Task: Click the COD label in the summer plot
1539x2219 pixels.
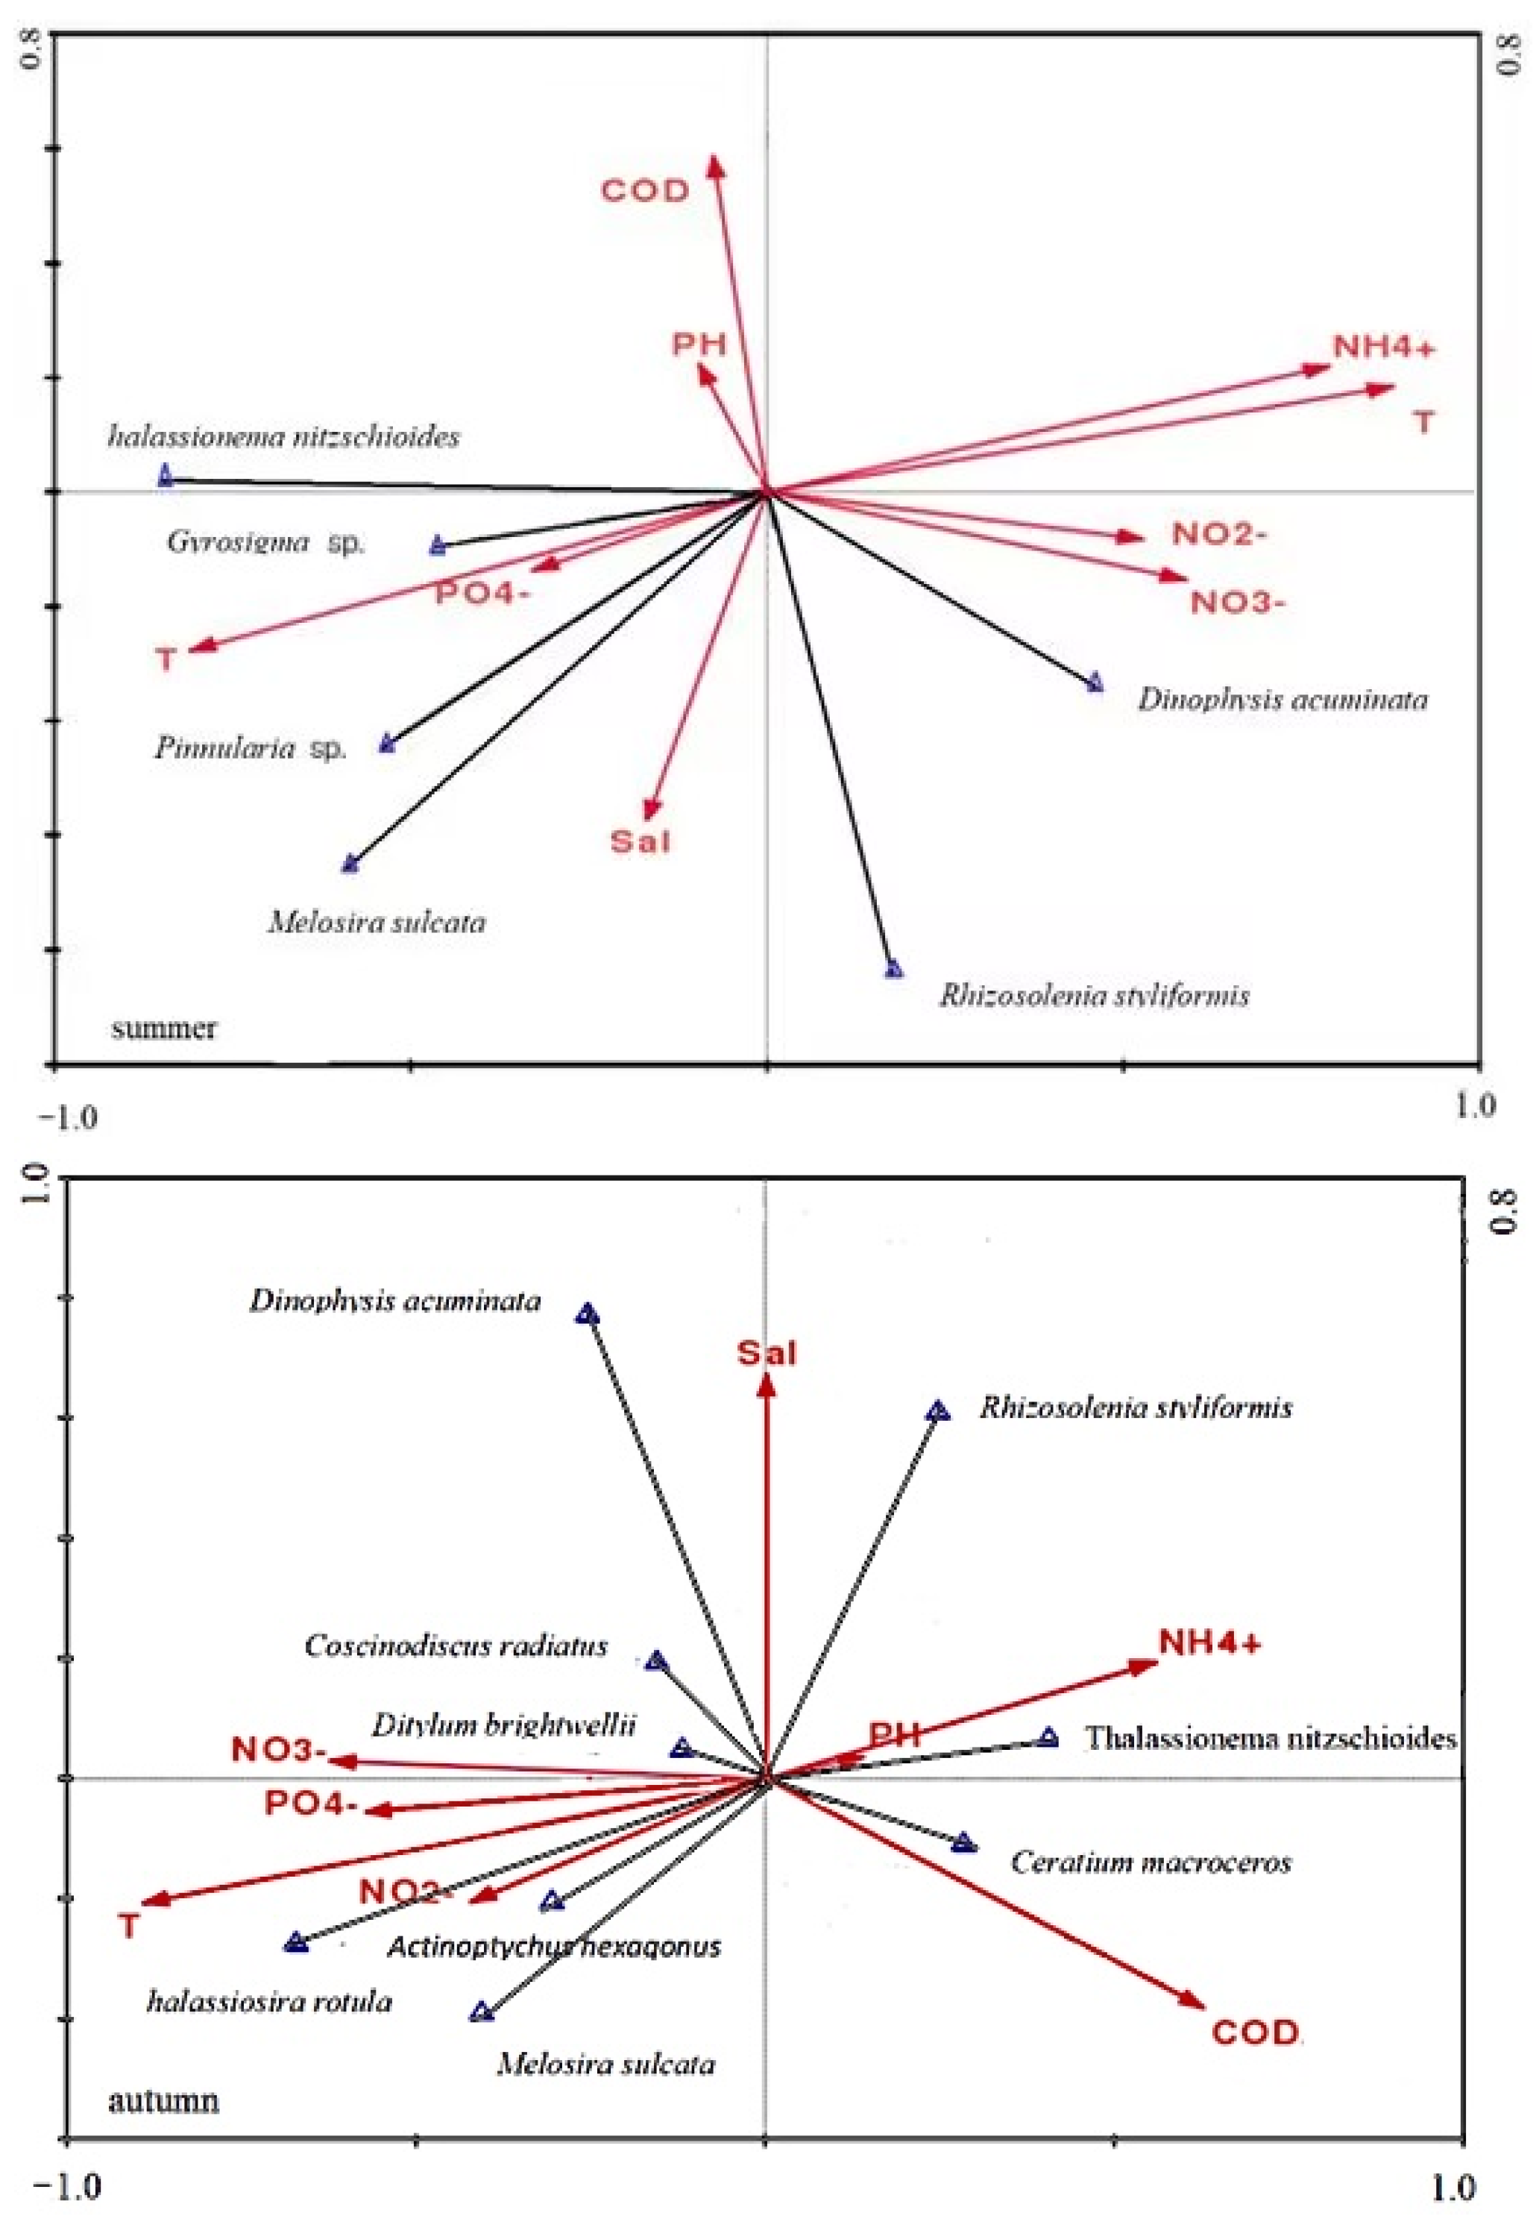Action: (645, 190)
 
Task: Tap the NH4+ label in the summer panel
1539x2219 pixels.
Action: (1384, 347)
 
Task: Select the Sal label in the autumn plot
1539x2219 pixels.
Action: (767, 1354)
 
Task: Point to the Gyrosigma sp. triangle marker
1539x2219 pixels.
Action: (438, 546)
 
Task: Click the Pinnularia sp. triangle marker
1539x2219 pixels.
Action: (388, 744)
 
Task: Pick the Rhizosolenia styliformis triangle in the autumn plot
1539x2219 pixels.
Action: (938, 1412)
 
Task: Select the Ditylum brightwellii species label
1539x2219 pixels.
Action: (504, 1724)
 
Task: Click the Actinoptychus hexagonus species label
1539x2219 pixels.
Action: (555, 1946)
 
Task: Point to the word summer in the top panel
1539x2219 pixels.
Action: (164, 1029)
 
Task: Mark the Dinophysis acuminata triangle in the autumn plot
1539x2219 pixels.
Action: (588, 1314)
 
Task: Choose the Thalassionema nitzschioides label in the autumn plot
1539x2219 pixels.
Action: (1270, 1739)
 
